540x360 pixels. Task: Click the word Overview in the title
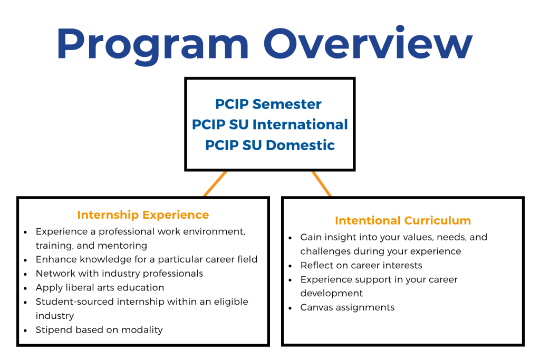368,43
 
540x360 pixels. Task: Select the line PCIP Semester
268,104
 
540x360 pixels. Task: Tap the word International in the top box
300,124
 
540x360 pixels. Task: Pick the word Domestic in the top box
300,145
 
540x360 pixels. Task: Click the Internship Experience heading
143,215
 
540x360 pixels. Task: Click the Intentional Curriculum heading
403,220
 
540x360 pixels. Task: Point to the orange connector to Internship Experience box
215,184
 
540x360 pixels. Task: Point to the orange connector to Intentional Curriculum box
322,184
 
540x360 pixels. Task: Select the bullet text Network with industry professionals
120,273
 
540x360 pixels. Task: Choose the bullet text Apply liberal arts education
100,288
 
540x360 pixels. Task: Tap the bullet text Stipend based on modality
99,330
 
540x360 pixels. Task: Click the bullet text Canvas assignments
348,307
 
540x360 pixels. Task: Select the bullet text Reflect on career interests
361,265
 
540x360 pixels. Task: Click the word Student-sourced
75,301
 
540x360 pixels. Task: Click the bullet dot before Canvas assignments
291,308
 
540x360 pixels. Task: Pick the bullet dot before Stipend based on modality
25,330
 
